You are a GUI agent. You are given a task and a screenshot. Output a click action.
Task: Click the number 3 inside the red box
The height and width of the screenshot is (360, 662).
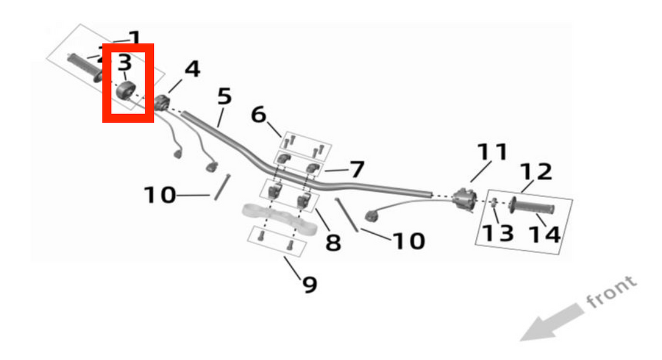click(124, 62)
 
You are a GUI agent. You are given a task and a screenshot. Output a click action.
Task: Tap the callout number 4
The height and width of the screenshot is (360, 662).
click(192, 69)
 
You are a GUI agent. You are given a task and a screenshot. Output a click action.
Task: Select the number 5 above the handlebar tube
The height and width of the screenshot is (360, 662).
click(225, 96)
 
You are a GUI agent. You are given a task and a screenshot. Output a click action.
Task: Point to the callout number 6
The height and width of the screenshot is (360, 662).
click(259, 114)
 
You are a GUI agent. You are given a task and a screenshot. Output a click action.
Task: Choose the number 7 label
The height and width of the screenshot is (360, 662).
click(357, 169)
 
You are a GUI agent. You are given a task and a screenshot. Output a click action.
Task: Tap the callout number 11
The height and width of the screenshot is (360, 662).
click(493, 151)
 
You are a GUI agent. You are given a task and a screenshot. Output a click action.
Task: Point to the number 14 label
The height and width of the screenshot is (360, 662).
click(544, 234)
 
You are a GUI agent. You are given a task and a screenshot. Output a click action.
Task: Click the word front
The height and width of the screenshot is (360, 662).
click(611, 292)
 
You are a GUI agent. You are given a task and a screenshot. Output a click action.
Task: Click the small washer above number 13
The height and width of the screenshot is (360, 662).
click(494, 205)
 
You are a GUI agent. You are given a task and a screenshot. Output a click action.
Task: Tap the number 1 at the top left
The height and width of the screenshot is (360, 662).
click(134, 38)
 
